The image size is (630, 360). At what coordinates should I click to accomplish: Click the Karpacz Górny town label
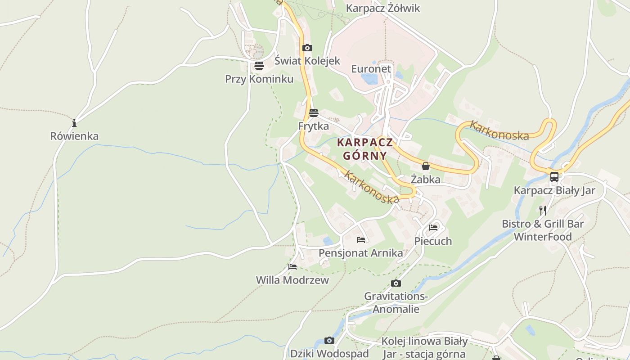tap(365, 149)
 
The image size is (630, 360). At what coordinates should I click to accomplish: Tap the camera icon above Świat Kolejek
tap(307, 48)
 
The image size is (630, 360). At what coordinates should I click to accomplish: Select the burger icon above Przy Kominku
tap(259, 66)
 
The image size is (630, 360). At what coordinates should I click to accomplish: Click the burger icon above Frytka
tap(313, 112)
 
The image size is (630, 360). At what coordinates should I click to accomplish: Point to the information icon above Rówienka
tap(74, 123)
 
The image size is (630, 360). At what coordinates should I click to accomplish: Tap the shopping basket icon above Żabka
tap(425, 166)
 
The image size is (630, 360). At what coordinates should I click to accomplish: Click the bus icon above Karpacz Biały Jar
tap(554, 177)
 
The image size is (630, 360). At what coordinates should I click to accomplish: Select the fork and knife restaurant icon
tap(542, 210)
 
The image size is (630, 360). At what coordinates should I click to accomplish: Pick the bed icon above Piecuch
tap(433, 228)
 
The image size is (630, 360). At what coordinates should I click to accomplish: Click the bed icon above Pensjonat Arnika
tap(360, 240)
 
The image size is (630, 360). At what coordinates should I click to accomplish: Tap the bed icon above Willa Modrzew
tap(292, 267)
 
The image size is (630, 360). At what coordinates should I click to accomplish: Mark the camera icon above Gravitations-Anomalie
tap(396, 283)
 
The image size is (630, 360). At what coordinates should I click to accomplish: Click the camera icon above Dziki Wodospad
tap(329, 340)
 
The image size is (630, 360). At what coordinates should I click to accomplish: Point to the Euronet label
tap(371, 69)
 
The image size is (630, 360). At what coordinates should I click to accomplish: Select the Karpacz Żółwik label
tap(382, 8)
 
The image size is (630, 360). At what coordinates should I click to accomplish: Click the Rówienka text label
tap(74, 136)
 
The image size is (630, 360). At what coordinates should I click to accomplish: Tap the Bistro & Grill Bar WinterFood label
tap(543, 230)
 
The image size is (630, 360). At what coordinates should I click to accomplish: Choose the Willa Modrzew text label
tap(292, 280)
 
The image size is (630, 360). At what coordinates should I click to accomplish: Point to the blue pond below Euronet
tap(369, 79)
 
